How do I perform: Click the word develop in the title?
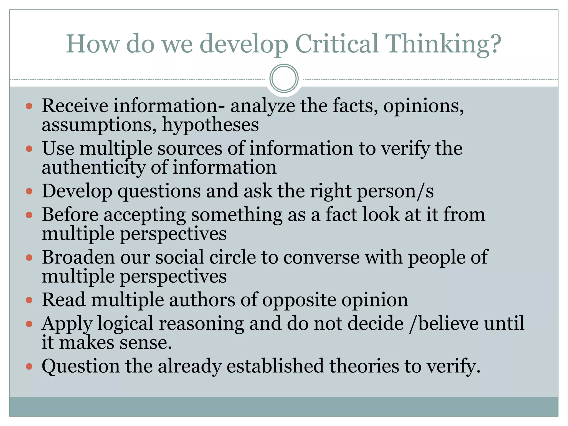tap(244, 44)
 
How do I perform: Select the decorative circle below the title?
tap(284, 78)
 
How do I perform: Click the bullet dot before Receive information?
tap(29, 106)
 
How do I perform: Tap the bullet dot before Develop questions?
tap(29, 191)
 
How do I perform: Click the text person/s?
tap(395, 191)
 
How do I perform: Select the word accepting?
tap(144, 215)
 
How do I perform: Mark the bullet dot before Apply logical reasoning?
tap(29, 324)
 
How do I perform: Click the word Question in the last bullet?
tap(81, 366)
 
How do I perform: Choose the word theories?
tap(364, 366)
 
